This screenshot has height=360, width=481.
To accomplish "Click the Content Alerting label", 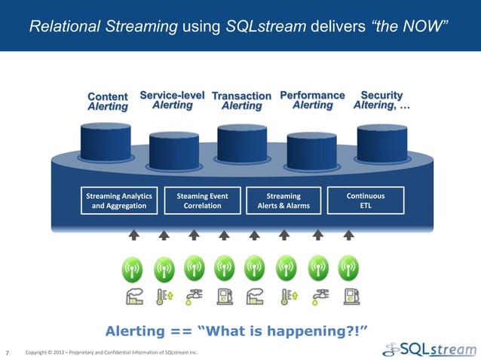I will click(108, 102).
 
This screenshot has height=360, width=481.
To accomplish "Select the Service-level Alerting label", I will click(172, 100).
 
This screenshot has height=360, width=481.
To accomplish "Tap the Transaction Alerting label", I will click(241, 101).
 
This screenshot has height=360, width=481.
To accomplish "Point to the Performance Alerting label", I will click(312, 100).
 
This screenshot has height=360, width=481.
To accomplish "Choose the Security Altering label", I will click(382, 100).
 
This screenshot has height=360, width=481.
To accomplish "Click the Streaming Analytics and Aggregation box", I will click(119, 200).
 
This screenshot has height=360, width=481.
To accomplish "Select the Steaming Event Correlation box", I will click(202, 200).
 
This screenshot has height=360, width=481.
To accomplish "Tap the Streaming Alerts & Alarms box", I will click(283, 200).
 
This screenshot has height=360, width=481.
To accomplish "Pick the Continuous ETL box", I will click(365, 200).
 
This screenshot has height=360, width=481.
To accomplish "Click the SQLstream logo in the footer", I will click(430, 349).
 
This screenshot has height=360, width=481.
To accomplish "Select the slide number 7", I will click(8, 352).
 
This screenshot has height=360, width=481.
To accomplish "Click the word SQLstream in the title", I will click(266, 27).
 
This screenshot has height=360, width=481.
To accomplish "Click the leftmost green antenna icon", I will click(133, 267).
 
